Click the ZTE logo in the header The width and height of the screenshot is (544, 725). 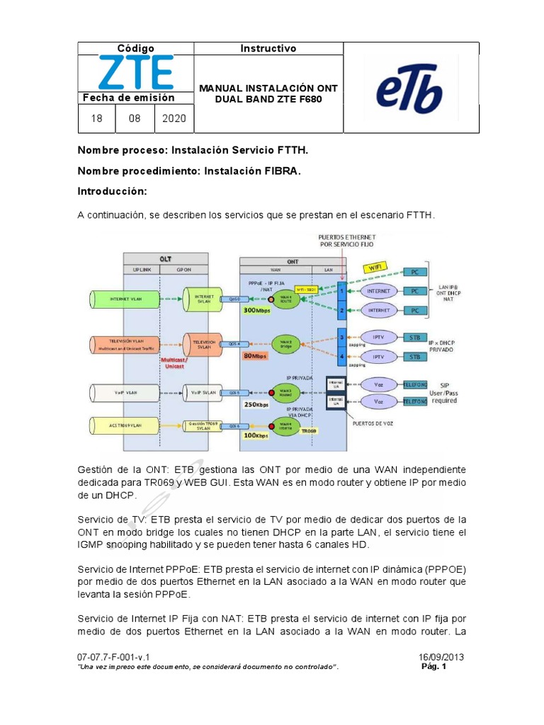click(135, 74)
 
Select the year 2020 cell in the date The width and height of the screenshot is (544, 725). click(174, 118)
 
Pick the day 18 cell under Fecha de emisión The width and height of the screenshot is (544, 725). click(96, 118)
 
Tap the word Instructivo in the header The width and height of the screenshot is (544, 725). click(268, 49)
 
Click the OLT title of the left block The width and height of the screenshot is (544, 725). click(165, 258)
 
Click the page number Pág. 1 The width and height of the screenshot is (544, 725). click(433, 666)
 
